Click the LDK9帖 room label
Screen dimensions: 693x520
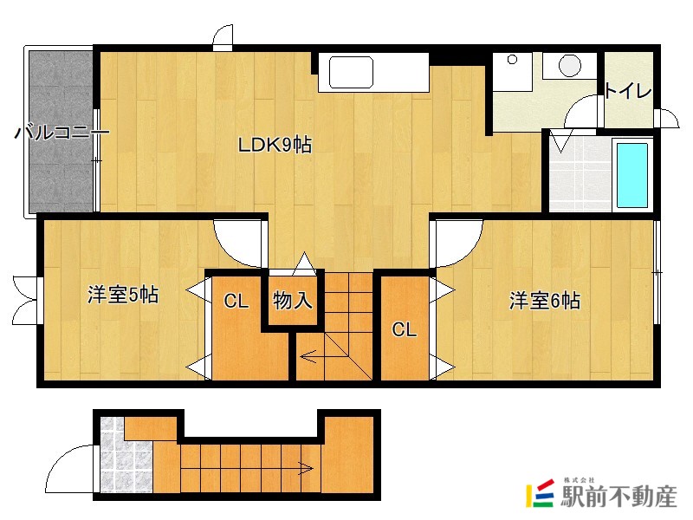[x=275, y=145]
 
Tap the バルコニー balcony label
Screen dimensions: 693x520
[x=62, y=132]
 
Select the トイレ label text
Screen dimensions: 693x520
[x=627, y=91]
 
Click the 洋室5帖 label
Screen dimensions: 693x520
[x=123, y=295]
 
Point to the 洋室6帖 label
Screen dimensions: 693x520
[x=545, y=301]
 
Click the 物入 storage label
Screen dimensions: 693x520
[x=293, y=301]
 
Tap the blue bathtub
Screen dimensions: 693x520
[x=632, y=175]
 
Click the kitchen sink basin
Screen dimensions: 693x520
[x=351, y=72]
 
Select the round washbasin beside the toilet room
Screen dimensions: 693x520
[x=570, y=66]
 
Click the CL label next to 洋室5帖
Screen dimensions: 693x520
[x=236, y=301]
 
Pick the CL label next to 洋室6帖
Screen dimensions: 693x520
[x=404, y=329]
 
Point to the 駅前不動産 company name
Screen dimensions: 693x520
[x=619, y=496]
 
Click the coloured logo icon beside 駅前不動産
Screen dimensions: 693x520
[x=540, y=493]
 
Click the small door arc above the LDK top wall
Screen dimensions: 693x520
[x=223, y=37]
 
